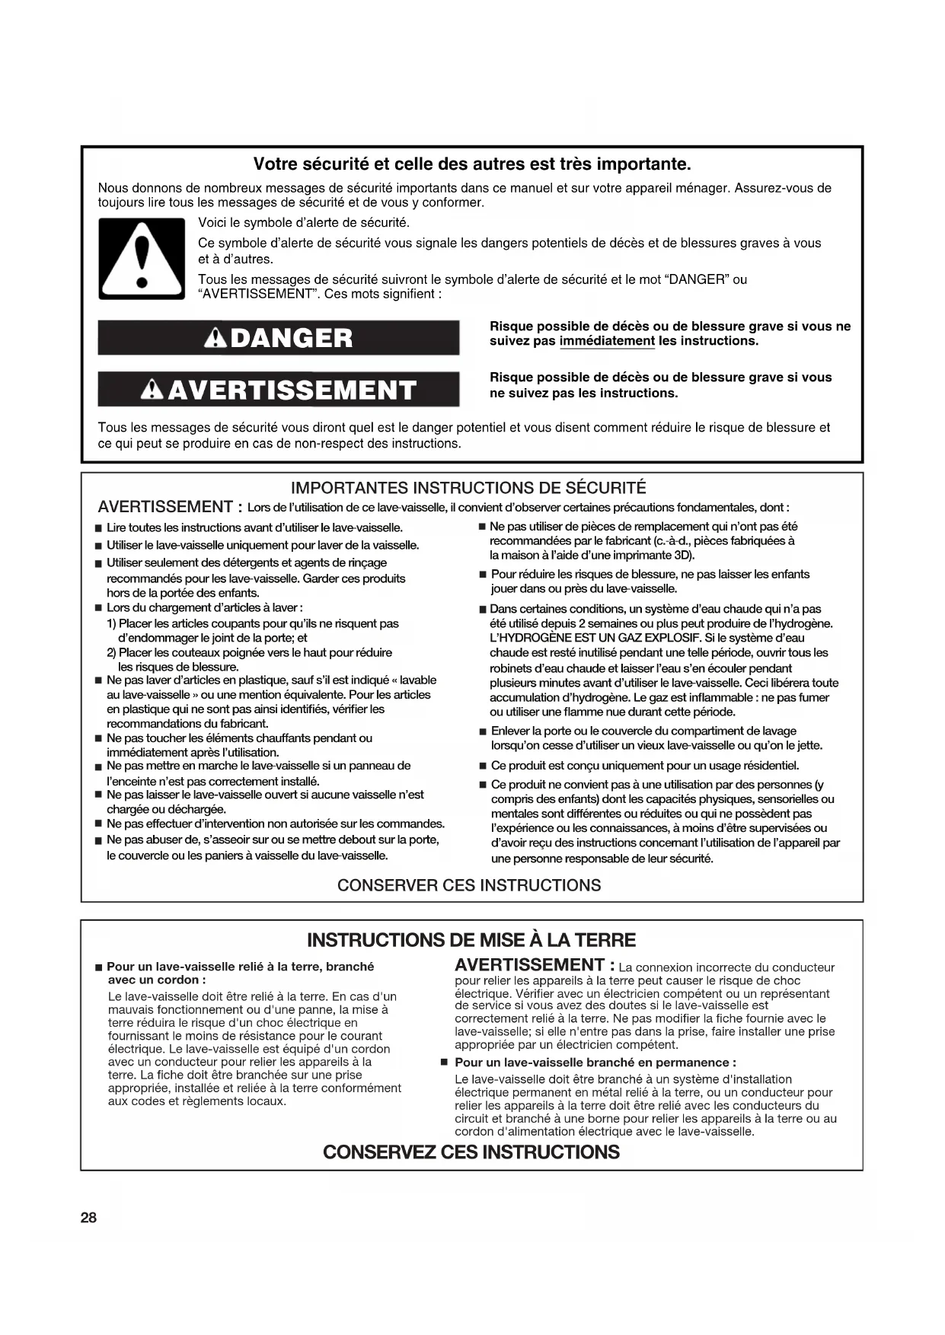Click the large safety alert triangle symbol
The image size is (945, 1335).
point(142,259)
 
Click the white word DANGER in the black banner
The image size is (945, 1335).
point(291,338)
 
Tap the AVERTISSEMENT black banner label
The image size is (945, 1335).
point(292,390)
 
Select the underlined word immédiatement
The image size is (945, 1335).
point(607,341)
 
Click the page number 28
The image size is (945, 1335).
point(88,1217)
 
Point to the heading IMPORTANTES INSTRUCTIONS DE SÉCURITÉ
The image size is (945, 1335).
point(468,488)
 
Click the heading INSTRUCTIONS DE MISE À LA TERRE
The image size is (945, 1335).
point(471,940)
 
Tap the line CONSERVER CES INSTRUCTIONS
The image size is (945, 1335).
point(469,885)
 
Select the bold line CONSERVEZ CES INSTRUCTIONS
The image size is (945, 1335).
point(471,1152)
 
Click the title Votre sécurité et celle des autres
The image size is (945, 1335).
point(472,164)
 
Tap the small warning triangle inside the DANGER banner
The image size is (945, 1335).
point(217,338)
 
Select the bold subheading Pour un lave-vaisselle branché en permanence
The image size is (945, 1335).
point(595,1063)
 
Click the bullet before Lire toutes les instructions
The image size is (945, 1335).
point(98,528)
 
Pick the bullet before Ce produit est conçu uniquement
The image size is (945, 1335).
point(483,766)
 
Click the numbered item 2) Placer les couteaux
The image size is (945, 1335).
point(249,652)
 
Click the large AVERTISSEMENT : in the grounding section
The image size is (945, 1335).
point(535,965)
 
